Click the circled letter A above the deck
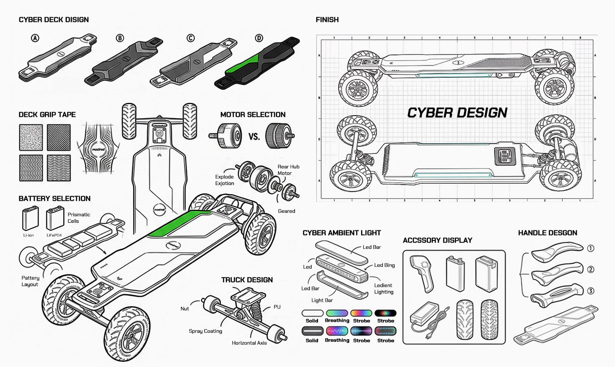[x=35, y=38]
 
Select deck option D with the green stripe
[x=257, y=62]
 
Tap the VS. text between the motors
[x=254, y=136]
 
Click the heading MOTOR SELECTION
[x=253, y=115]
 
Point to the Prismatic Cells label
[x=79, y=218]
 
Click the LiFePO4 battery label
[x=54, y=235]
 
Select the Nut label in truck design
[x=185, y=309]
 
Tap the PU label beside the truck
[x=277, y=307]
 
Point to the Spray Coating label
[x=206, y=331]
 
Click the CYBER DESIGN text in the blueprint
[x=457, y=113]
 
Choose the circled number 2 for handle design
[x=590, y=269]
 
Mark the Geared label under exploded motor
[x=286, y=211]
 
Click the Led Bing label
[x=384, y=265]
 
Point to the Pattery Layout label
[x=30, y=281]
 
